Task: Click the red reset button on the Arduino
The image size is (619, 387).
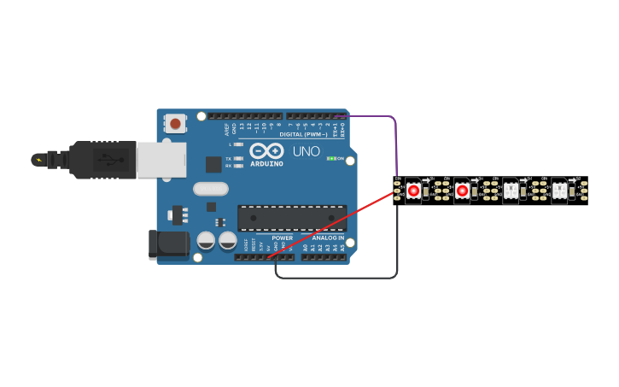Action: (x=175, y=124)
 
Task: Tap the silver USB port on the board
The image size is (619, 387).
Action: (x=161, y=160)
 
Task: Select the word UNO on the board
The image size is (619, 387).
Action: (x=307, y=152)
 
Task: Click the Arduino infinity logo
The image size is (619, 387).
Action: (x=266, y=151)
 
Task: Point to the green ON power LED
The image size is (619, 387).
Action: (x=332, y=159)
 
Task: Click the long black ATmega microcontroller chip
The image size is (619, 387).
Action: (x=292, y=218)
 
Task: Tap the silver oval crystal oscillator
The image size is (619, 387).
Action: (x=211, y=189)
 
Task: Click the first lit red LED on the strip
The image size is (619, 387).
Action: (x=413, y=191)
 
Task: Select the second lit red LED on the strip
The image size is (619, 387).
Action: (x=462, y=191)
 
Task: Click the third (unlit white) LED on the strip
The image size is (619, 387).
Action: (x=511, y=191)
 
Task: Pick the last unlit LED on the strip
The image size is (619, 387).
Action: (x=559, y=191)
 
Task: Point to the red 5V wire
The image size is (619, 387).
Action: (x=333, y=223)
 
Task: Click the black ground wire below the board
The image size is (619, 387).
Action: (x=342, y=278)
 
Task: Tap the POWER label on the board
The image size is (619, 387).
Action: (x=282, y=237)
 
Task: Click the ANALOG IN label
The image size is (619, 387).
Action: (x=328, y=237)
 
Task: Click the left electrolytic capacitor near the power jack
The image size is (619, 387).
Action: (x=206, y=240)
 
